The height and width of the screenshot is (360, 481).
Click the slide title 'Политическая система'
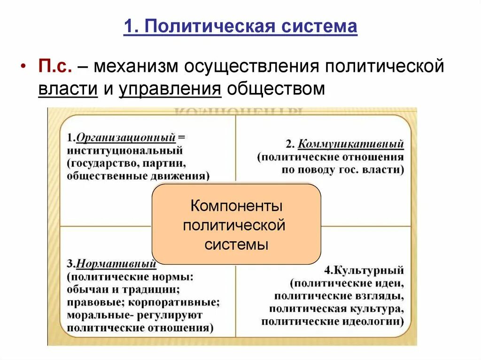[251, 26]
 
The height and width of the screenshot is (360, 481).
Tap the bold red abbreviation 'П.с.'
[55, 66]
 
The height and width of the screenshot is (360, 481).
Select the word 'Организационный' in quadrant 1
[126, 138]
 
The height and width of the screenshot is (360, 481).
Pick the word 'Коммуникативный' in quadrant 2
[351, 144]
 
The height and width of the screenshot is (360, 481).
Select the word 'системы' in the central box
[236, 244]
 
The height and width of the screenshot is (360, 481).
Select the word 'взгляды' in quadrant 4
[381, 296]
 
